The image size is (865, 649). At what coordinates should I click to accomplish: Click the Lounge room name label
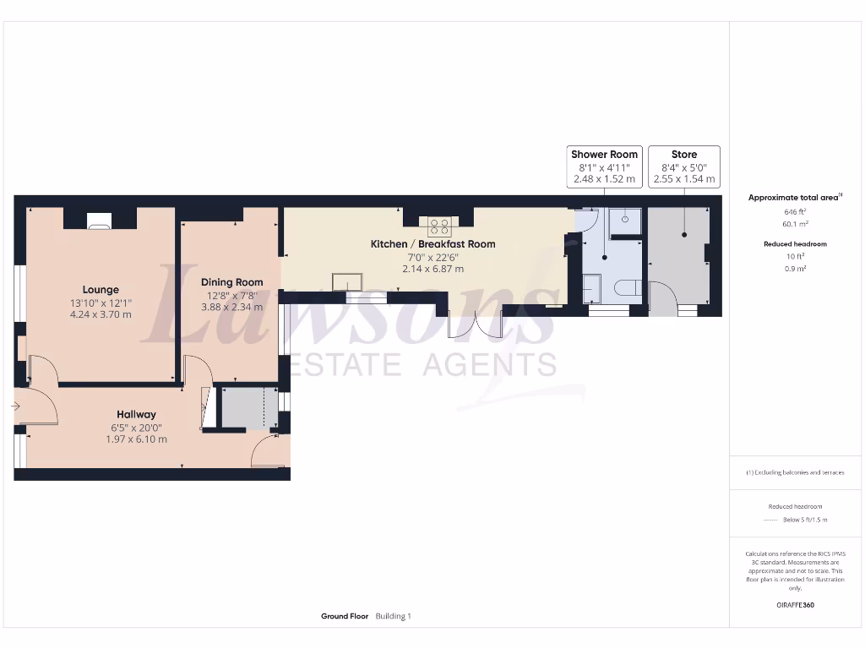point(101,290)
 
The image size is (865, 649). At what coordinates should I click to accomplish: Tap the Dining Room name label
point(231,282)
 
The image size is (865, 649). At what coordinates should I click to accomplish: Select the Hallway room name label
point(136,414)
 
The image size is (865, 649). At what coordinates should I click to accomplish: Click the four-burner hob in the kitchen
point(439,226)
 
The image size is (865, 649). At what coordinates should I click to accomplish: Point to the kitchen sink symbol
point(346,281)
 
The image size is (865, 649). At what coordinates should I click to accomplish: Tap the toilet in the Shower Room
point(627,288)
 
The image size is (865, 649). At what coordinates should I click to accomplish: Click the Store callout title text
point(684,155)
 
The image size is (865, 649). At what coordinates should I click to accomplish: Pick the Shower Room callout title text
point(605,155)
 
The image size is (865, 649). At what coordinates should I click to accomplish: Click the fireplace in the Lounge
point(99,222)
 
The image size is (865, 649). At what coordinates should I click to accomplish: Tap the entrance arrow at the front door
point(16,406)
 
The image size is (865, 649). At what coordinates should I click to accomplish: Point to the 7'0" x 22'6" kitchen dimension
point(432,257)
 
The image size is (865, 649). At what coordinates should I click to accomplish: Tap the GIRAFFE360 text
point(794,605)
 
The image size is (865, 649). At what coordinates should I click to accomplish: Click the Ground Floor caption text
point(345,617)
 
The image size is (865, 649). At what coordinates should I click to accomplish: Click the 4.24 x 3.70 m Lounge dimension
point(101,314)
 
